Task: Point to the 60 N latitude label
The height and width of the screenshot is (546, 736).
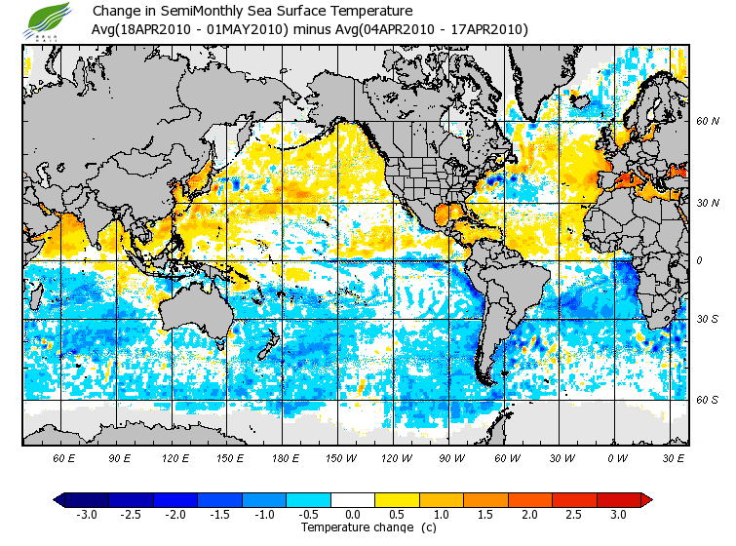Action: point(707,122)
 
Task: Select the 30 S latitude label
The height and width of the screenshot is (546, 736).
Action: point(707,320)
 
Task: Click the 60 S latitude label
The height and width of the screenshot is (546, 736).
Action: point(707,401)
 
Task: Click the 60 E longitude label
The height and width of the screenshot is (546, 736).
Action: point(64,458)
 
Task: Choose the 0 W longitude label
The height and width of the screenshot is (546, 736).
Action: point(617,458)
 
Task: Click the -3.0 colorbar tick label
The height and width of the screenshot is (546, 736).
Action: point(88,514)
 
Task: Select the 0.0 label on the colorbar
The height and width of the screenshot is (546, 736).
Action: point(353,514)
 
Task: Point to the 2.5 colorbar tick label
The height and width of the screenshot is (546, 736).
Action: point(573,514)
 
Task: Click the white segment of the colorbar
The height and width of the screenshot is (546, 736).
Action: point(353,499)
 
